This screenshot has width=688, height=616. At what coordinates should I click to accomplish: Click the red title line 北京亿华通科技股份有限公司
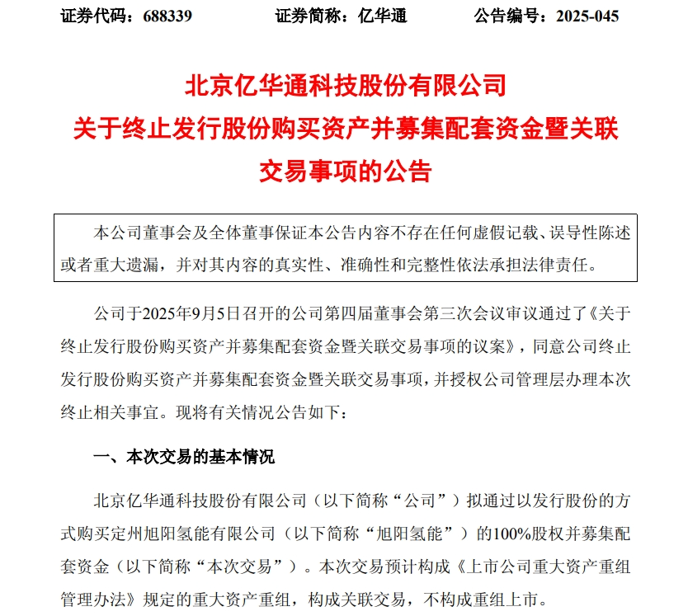tap(345, 86)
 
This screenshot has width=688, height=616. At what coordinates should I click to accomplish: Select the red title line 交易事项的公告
tap(345, 171)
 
